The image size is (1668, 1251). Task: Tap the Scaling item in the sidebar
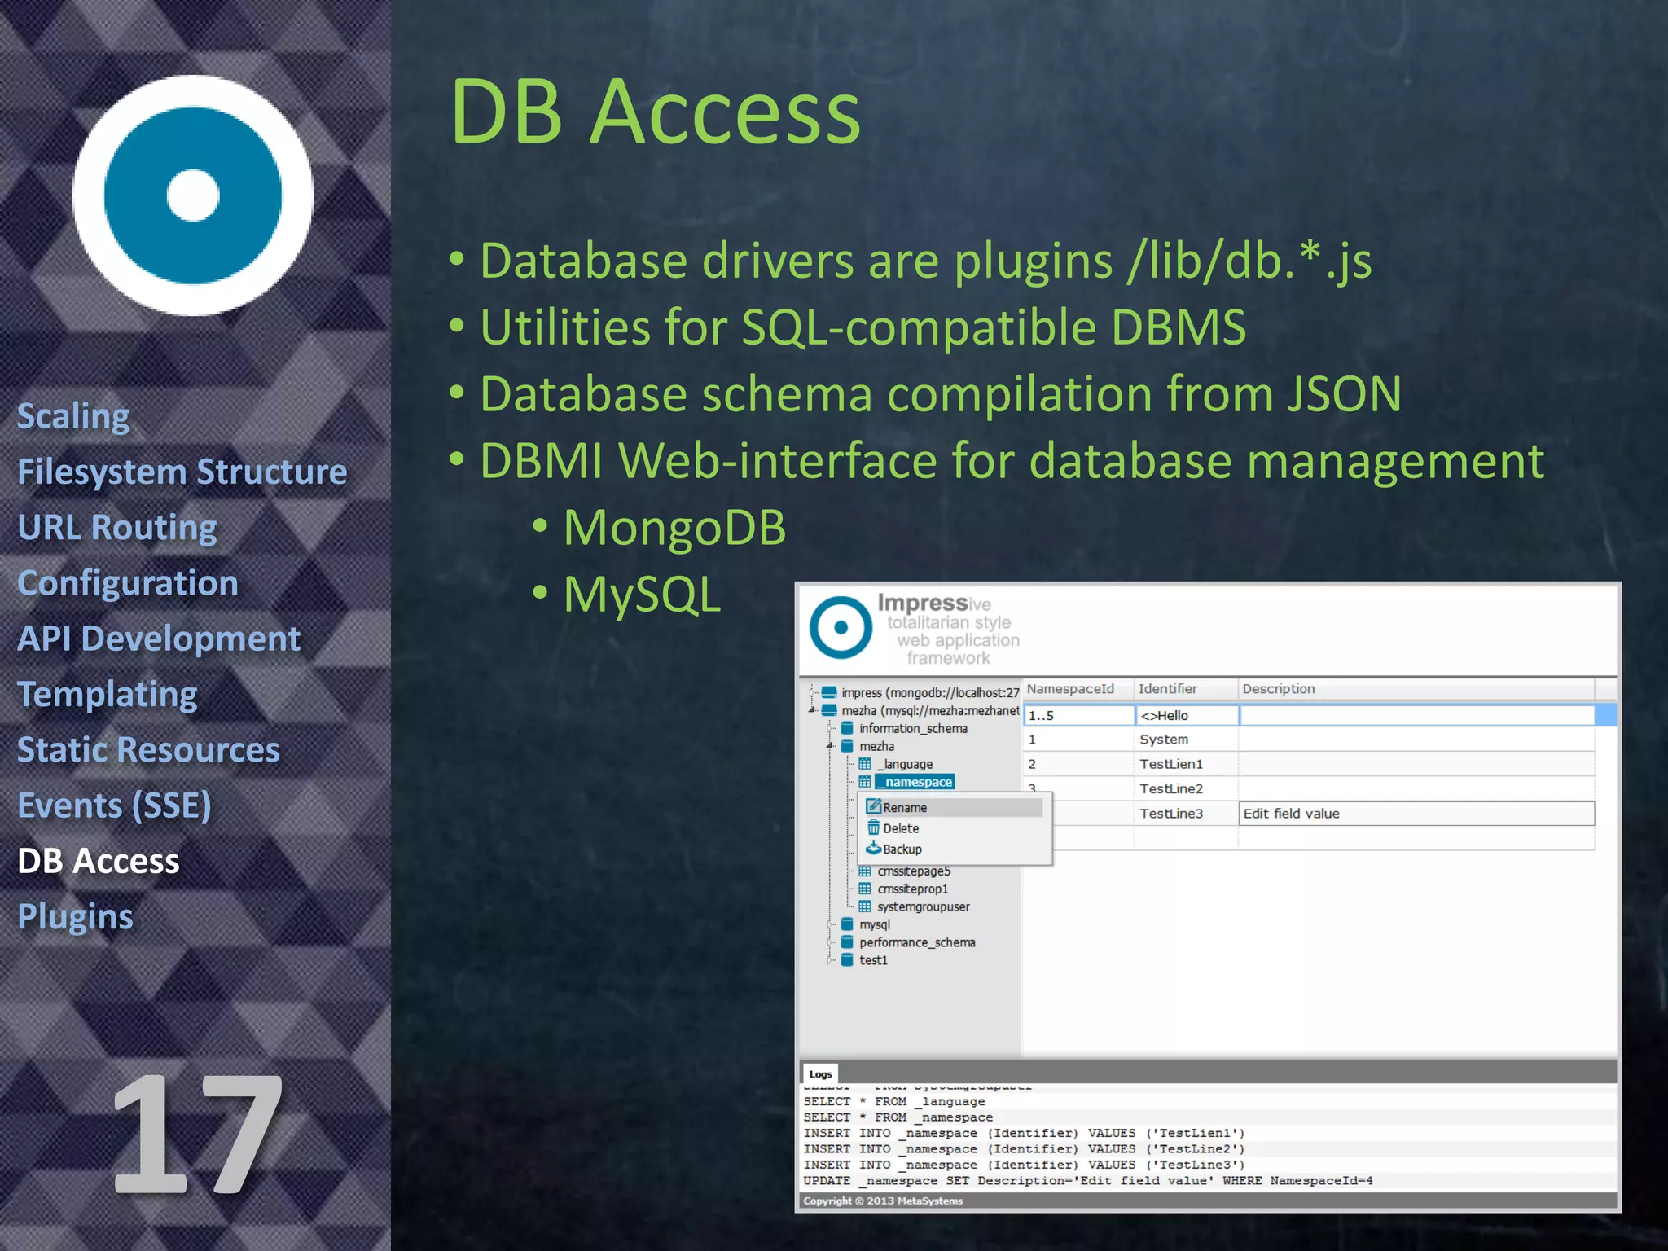73,416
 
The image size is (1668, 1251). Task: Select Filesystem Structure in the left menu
182,472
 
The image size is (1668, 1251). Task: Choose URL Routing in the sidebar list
117,527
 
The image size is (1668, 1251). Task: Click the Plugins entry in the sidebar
75,916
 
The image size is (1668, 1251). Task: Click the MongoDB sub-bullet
674,527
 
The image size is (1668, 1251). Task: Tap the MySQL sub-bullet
642,594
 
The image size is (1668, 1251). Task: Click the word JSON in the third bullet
1344,394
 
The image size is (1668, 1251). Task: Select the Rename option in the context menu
904,807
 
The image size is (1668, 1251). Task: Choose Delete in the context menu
900,828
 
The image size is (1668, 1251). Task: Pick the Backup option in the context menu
902,849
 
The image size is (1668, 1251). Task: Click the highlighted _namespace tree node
917,782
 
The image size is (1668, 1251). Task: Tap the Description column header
1278,689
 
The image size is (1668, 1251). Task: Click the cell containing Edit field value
1415,813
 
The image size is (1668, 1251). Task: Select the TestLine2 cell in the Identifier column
1170,788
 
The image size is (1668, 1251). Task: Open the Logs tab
820,1073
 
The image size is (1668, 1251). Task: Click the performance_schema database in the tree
916,942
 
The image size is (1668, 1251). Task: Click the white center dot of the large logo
193,195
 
